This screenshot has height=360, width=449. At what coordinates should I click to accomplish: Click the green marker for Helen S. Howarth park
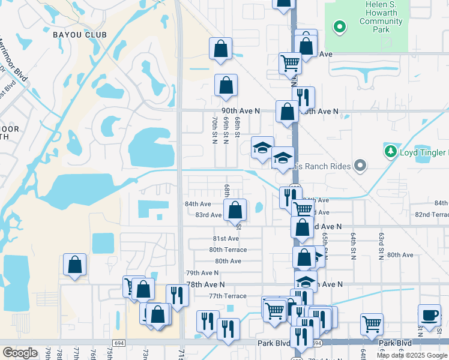tap(339, 26)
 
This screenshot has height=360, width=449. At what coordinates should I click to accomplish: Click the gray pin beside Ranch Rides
tap(360, 165)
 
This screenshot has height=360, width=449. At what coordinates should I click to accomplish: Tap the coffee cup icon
tap(429, 316)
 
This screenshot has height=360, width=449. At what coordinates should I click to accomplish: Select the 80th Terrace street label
tap(228, 250)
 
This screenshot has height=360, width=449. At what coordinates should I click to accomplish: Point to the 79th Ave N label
tap(202, 272)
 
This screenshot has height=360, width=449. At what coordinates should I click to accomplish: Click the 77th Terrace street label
tap(228, 296)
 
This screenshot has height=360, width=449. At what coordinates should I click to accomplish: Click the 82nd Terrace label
tap(432, 214)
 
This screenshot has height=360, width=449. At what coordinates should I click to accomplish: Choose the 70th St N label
tap(214, 130)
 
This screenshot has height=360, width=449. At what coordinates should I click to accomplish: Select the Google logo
tap(20, 353)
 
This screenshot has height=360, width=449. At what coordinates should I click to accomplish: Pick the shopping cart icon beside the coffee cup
tap(372, 324)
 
